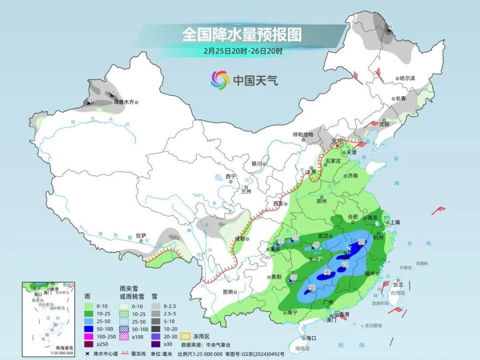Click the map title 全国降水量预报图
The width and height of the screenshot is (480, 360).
pos(242,34)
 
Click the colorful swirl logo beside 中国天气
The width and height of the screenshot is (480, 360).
pos(220,79)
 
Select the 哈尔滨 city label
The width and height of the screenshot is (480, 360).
pos(407,78)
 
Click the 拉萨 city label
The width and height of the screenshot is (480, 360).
pos(140,235)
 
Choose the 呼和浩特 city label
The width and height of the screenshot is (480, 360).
pos(302,134)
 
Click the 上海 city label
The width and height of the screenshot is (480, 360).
pos(395,222)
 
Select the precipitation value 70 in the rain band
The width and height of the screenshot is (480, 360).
pos(344,264)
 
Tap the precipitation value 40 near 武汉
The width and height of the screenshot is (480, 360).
pos(316,243)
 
